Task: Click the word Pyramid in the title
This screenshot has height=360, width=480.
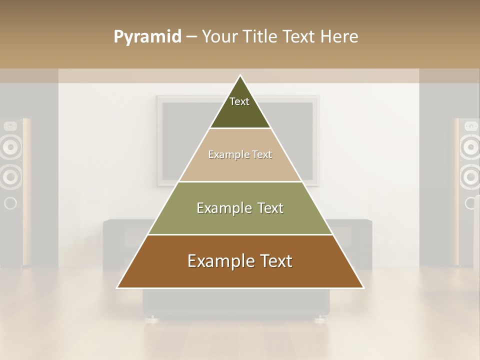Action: pyautogui.click(x=147, y=37)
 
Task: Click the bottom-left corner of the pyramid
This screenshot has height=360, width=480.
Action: pyautogui.click(x=118, y=287)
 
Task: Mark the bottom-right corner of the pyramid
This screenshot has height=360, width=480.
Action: pyautogui.click(x=363, y=287)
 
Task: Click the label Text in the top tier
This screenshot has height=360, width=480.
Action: pyautogui.click(x=239, y=101)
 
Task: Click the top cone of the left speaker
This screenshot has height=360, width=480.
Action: pyautogui.click(x=9, y=146)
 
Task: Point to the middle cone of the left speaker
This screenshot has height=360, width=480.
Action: pyautogui.click(x=9, y=176)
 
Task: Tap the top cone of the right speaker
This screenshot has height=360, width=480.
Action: pyautogui.click(x=470, y=146)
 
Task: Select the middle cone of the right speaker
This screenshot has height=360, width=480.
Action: pyautogui.click(x=470, y=176)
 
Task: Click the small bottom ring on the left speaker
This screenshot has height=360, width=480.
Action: pyautogui.click(x=9, y=203)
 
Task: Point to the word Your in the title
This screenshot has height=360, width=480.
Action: pyautogui.click(x=219, y=36)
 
